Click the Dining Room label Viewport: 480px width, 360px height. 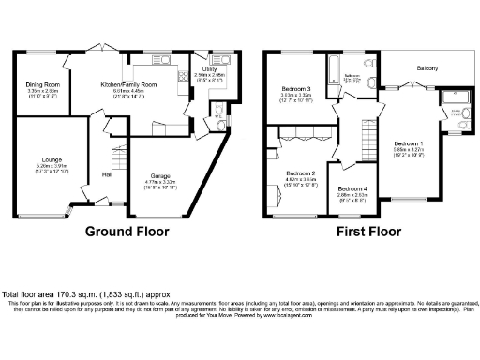[41, 84]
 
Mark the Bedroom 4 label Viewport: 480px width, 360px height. [352, 189]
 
